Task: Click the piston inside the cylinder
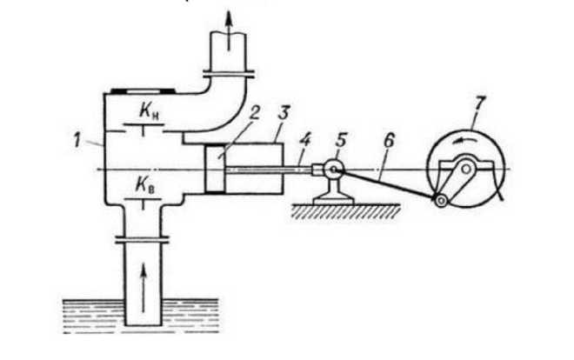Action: click(x=215, y=168)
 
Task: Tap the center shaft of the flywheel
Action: click(x=466, y=167)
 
